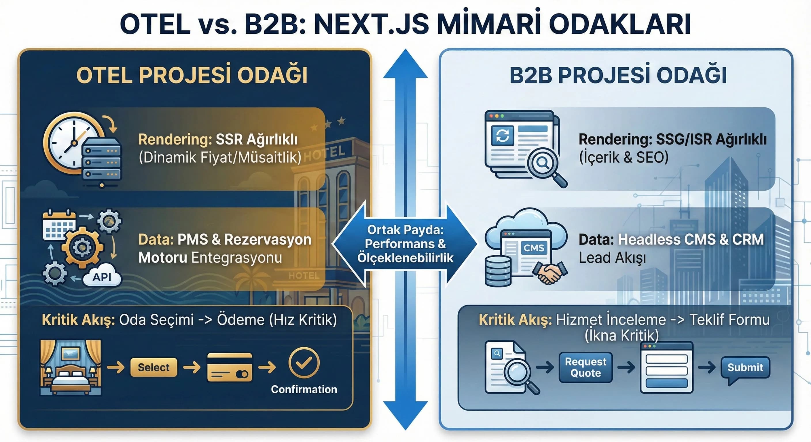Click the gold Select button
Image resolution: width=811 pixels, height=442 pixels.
pos(154,367)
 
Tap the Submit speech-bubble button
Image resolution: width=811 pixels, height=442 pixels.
pos(745,367)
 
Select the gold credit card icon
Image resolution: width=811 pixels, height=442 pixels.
pos(230,367)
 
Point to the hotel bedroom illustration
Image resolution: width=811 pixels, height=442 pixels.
pos(71,367)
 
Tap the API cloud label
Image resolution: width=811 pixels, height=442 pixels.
pos(102,277)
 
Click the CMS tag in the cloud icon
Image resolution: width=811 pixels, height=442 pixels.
pos(533,248)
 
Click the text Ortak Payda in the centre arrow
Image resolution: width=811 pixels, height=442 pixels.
pos(405,230)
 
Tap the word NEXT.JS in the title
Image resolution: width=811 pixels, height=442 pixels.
pos(372,24)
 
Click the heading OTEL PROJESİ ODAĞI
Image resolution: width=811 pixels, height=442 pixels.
pos(192,75)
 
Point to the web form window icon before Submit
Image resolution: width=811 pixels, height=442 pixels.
pos(666,367)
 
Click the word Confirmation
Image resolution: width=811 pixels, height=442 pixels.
pos(304,389)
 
